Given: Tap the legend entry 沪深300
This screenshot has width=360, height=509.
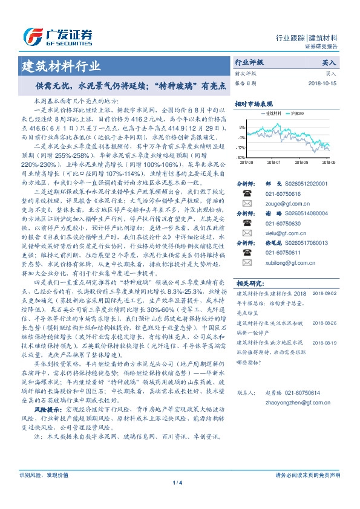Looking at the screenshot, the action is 298,113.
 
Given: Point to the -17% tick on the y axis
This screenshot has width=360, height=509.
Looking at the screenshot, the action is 241,147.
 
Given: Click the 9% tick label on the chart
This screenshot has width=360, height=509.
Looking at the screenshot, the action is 243,127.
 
